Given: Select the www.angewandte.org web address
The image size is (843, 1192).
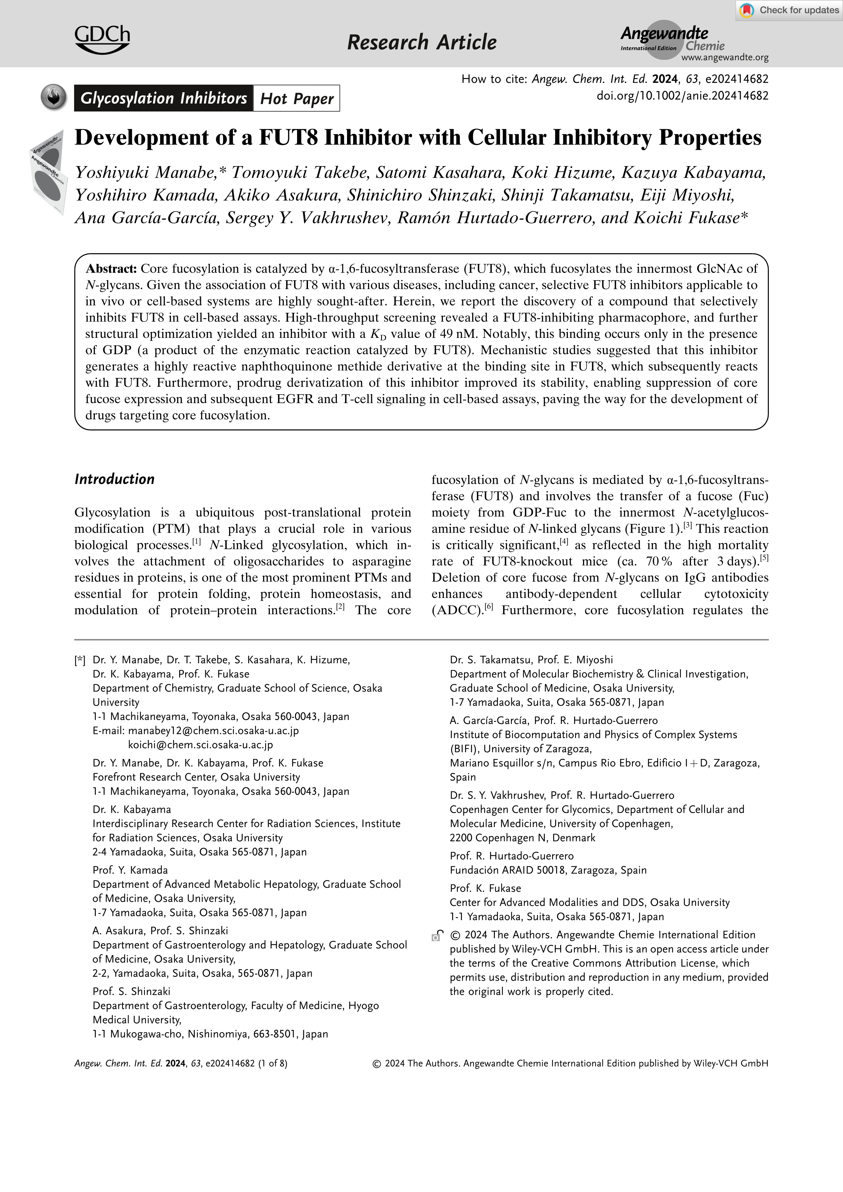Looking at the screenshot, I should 725,58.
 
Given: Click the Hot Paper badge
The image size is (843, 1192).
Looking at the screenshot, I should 296,99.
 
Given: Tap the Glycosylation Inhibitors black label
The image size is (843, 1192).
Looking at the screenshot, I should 164,99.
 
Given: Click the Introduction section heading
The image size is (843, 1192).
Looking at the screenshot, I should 114,479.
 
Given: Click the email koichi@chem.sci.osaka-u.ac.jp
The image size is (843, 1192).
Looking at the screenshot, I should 200,744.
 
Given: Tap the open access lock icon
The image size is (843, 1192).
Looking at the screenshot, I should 437,935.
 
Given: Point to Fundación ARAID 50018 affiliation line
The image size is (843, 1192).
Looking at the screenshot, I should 548,870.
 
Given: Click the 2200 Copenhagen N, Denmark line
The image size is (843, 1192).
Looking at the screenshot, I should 522,837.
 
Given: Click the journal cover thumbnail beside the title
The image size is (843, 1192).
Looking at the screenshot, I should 48,171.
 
